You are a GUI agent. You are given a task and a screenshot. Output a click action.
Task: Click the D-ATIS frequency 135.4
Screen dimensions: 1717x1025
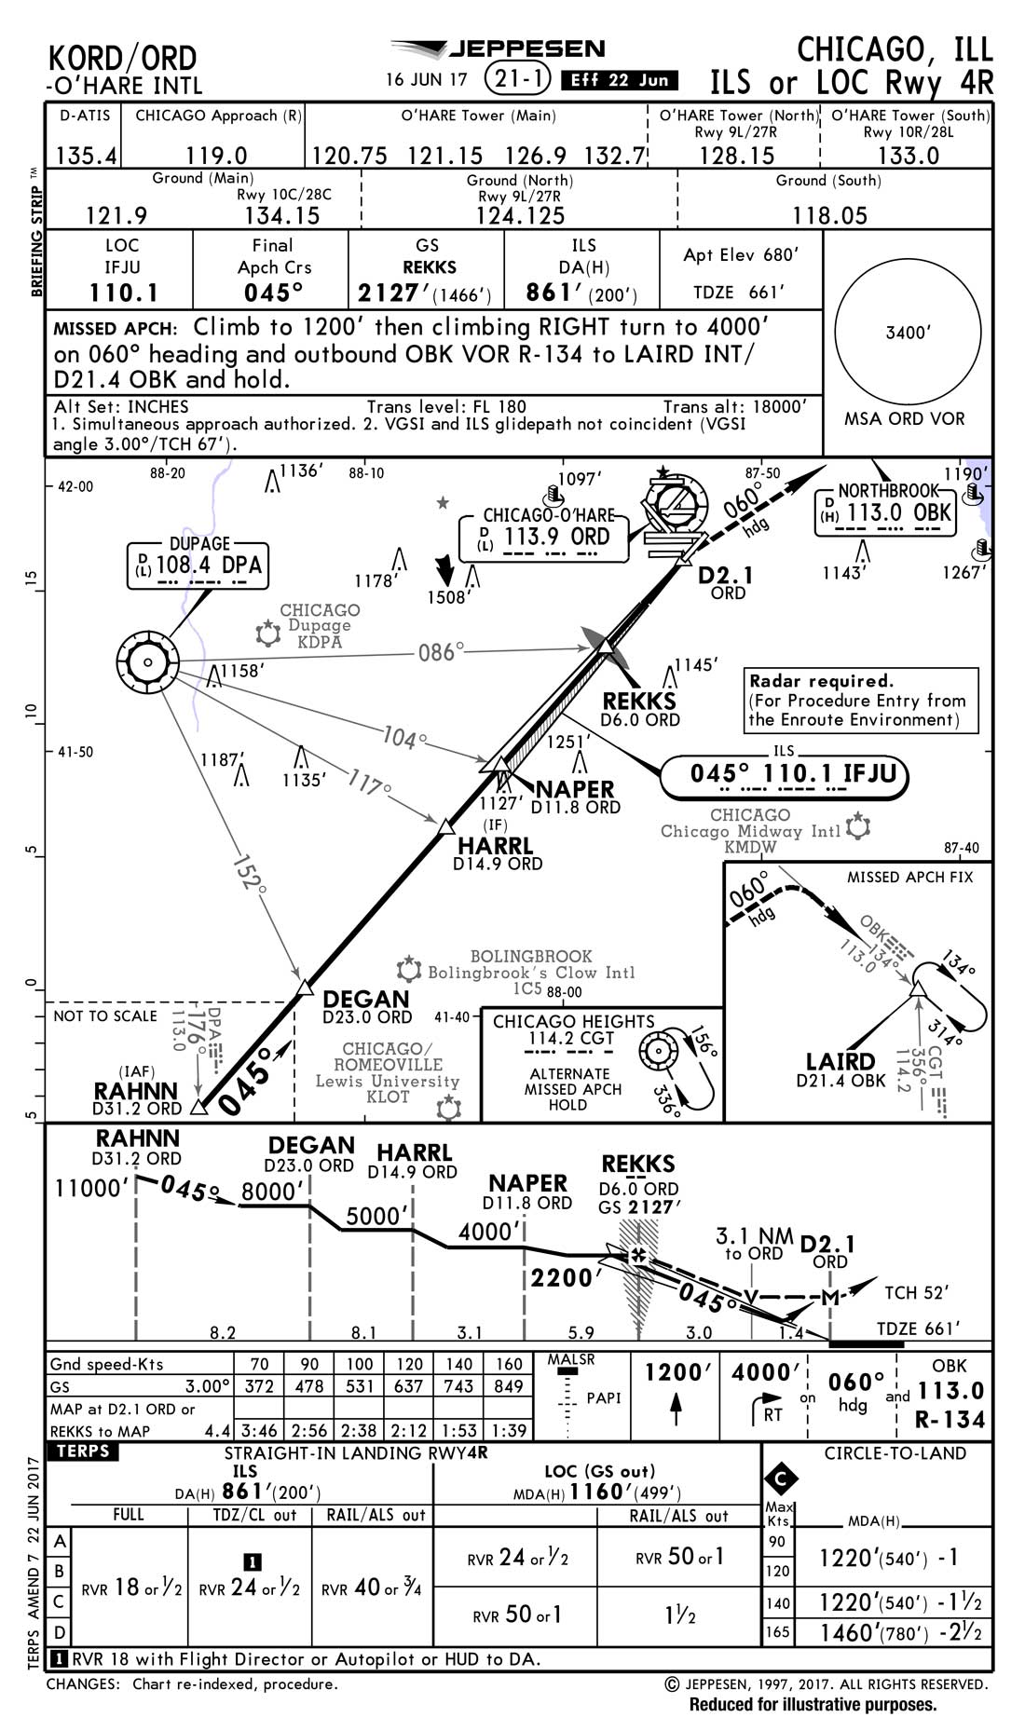[x=86, y=155]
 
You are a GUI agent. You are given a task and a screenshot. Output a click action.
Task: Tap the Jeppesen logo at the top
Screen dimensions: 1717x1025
[x=499, y=49]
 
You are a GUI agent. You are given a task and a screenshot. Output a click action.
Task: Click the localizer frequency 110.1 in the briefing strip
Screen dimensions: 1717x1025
[x=123, y=293]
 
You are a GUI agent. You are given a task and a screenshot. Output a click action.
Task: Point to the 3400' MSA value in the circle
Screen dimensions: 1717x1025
[x=907, y=333]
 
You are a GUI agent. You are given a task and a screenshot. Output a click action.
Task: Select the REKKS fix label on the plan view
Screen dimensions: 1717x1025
[x=639, y=701]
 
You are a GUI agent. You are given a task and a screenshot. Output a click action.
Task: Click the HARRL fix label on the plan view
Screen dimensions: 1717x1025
[x=496, y=845]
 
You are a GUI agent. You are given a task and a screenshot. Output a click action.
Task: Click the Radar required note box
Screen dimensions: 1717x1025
[x=862, y=700]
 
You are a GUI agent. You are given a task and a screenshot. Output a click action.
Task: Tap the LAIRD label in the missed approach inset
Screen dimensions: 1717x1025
[x=840, y=1061]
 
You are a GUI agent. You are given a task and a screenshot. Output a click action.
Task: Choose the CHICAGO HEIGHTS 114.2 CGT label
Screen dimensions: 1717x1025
[x=573, y=1029]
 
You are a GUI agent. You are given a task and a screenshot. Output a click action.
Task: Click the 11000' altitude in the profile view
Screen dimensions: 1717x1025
[x=89, y=1189]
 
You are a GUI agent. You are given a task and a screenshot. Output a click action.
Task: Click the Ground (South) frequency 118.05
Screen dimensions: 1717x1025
[x=829, y=215]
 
